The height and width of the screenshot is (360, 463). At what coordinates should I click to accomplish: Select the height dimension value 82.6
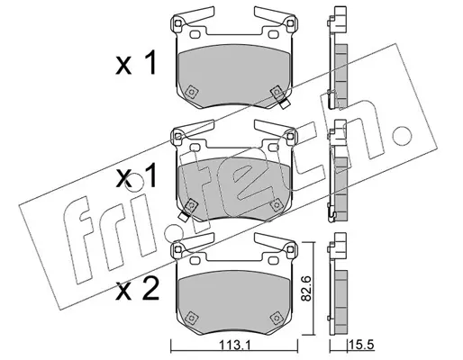(306, 289)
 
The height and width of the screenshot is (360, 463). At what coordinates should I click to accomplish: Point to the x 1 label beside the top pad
(136, 63)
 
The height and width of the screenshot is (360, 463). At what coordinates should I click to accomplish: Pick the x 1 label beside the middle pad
(136, 177)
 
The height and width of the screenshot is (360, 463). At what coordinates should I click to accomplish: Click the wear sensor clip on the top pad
(284, 103)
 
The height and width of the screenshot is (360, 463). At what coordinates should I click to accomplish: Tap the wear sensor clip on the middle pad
(183, 216)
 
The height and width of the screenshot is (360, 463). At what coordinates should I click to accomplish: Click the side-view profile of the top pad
(338, 58)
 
